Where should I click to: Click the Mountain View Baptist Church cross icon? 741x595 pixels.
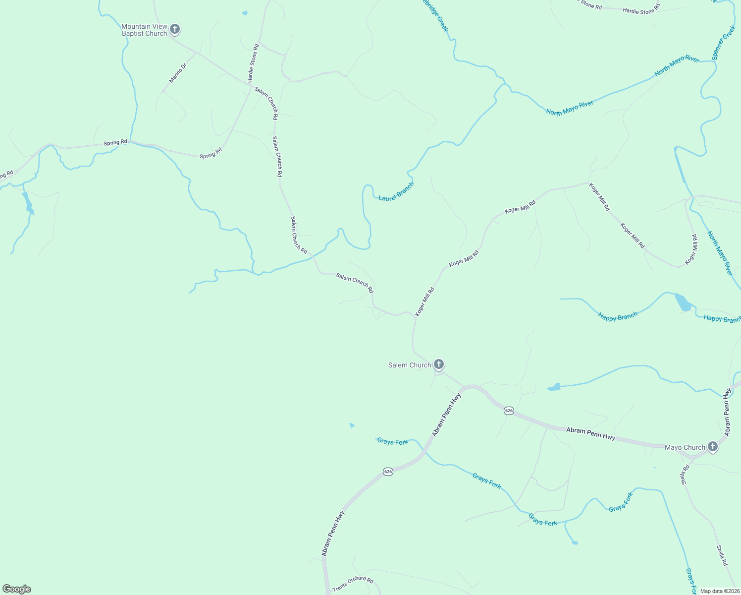[x=174, y=29]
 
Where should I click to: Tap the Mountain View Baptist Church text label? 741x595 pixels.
[x=144, y=30]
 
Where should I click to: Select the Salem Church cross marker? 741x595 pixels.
[x=438, y=365]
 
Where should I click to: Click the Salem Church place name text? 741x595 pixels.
[x=409, y=365]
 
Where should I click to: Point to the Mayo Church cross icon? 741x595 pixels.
[x=712, y=447]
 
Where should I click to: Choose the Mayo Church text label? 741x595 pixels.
[x=685, y=447]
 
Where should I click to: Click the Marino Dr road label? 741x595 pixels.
[x=177, y=73]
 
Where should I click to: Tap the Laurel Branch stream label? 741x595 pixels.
[x=396, y=191]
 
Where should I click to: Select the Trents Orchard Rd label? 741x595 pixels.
[x=353, y=584]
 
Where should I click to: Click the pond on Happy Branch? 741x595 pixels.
[x=683, y=302]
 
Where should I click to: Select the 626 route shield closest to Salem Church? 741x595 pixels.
[x=509, y=411]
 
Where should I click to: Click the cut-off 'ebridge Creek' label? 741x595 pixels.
[x=434, y=16]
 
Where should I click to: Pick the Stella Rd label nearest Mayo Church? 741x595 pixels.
[x=685, y=475]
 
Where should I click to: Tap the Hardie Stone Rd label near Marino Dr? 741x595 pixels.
[x=253, y=63]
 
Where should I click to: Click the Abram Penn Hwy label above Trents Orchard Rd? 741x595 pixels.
[x=332, y=533]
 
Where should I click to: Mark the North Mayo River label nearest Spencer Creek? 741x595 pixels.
[x=677, y=66]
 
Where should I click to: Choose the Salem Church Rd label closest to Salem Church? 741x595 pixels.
[x=355, y=283]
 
